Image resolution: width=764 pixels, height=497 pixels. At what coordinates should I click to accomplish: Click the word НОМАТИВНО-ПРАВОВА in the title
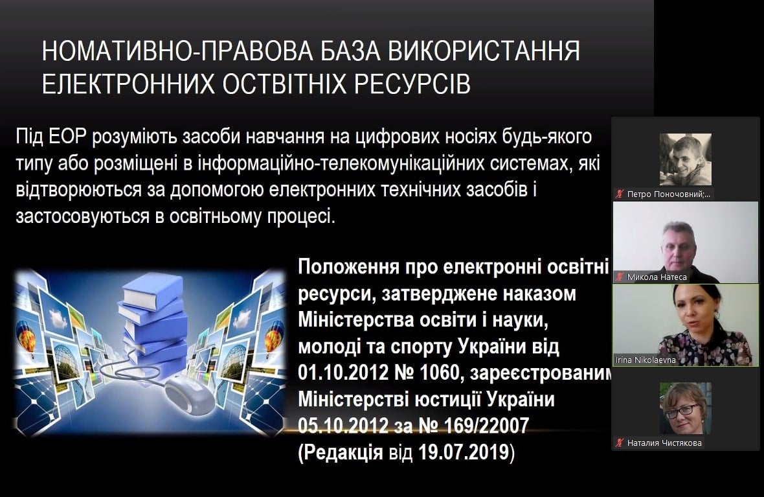(177, 51)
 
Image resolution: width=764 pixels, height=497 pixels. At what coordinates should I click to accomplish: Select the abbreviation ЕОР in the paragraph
(67, 137)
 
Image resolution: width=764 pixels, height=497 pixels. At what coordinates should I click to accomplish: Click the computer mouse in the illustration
(189, 396)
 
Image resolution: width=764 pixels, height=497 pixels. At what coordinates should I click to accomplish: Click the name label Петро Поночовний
(668, 194)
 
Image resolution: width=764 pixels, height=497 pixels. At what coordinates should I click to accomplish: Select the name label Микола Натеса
(657, 277)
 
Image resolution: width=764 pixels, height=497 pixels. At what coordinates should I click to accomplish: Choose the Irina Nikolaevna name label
(645, 360)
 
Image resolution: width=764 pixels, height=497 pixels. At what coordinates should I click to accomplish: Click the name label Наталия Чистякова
(664, 443)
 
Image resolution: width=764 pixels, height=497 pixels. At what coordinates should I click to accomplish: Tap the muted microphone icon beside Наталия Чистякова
(619, 443)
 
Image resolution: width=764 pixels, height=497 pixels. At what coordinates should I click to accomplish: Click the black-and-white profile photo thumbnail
(685, 159)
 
